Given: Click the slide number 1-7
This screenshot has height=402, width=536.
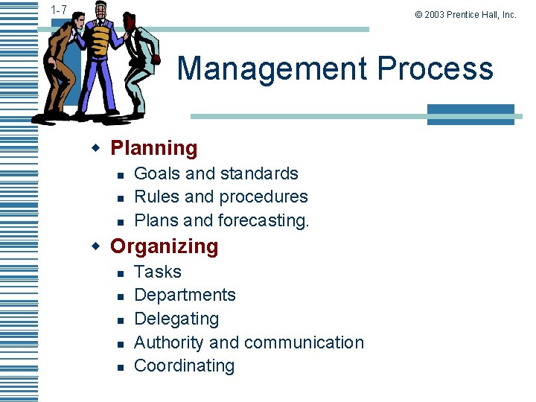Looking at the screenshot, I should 60,10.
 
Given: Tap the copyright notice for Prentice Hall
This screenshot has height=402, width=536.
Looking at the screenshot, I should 466,14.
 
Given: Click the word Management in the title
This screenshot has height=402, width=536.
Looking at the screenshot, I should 272,68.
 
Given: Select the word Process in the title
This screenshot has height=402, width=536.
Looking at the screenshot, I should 435,68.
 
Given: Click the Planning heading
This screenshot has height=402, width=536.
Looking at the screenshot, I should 154,148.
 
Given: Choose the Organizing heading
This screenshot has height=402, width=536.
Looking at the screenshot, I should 165,246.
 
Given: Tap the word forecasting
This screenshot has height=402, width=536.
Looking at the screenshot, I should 264,220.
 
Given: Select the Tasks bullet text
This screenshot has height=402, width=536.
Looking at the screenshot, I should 158,272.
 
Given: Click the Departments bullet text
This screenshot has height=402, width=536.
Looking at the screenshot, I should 185,295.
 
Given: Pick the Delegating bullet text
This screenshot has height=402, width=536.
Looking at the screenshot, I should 176,319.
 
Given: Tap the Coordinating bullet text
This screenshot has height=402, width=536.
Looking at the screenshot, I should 184,366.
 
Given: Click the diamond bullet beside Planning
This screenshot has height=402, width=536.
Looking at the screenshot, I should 95,148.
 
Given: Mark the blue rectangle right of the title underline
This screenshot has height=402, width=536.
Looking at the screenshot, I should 470,113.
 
